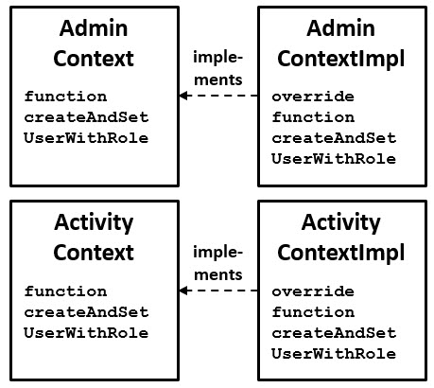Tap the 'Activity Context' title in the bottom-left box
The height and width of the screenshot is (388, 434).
tap(93, 238)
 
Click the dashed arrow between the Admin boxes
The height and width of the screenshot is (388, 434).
tap(218, 97)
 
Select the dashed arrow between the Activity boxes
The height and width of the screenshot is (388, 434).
tap(218, 291)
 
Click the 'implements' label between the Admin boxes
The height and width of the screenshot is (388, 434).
tap(218, 67)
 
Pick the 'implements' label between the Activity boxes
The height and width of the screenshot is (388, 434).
tap(218, 263)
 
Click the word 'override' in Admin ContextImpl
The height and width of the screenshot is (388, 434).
tap(311, 97)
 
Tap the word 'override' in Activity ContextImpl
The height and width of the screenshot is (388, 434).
tap(311, 291)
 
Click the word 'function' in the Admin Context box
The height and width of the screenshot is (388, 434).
tap(65, 97)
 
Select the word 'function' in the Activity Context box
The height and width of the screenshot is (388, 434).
tap(65, 291)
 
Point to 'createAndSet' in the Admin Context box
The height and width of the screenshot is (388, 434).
tap(86, 117)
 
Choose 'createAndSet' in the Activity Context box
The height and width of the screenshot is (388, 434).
tap(86, 312)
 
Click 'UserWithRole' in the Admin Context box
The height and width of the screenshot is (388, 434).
tap(86, 138)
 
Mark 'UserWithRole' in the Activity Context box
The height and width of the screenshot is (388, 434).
tap(86, 333)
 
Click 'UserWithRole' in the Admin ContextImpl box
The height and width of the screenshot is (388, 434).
tap(333, 159)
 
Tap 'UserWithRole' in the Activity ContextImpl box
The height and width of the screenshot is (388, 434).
tap(333, 354)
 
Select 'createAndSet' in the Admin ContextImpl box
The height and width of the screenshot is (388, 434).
tap(333, 138)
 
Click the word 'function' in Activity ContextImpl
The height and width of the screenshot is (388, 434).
tap(312, 312)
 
